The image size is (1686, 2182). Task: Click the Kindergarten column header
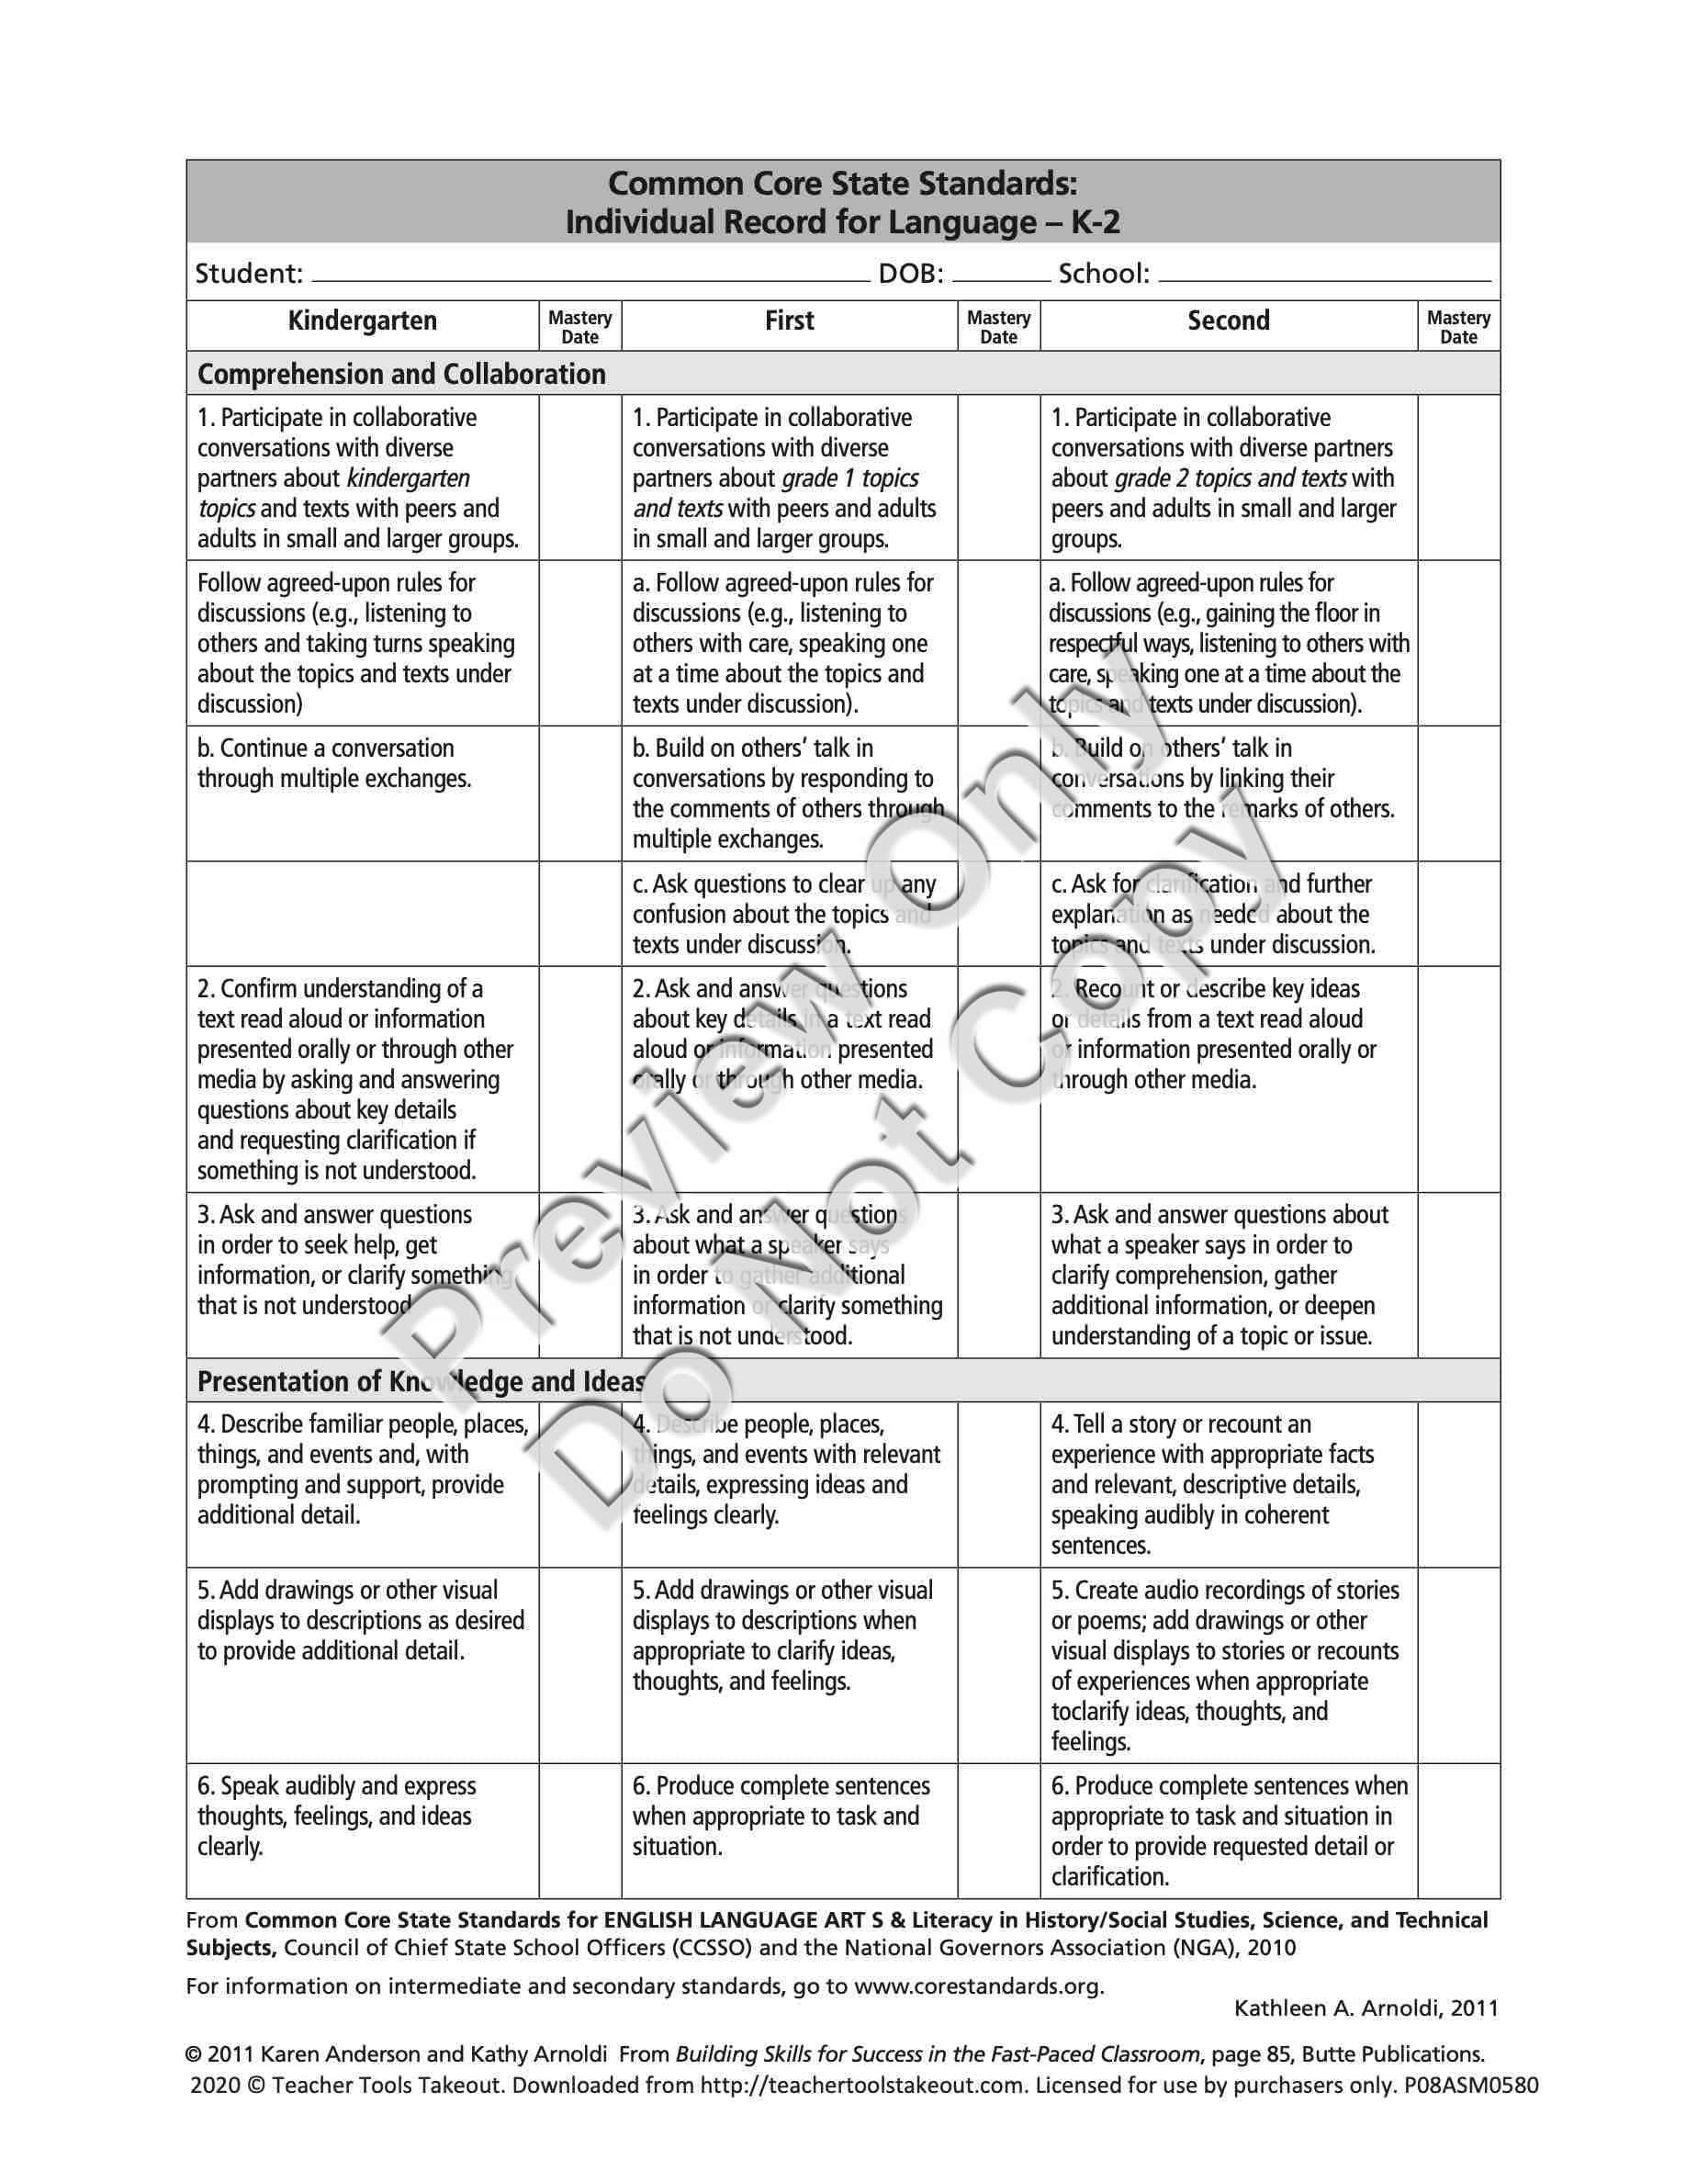[x=362, y=321]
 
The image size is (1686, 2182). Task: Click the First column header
[x=789, y=321]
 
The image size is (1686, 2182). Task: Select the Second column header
[x=1228, y=321]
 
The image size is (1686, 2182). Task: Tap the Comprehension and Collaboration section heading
[x=401, y=374]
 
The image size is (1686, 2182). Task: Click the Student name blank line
[x=590, y=276]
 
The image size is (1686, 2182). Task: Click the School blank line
[x=1323, y=276]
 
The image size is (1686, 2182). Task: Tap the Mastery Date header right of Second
[x=1458, y=327]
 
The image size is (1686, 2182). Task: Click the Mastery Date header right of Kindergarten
[x=579, y=327]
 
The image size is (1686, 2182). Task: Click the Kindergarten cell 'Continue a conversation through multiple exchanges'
[x=334, y=763]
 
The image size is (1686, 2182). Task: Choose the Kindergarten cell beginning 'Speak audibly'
[x=337, y=1816]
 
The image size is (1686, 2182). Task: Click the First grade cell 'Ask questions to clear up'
[x=784, y=914]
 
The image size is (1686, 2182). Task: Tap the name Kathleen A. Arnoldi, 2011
[x=1366, y=2008]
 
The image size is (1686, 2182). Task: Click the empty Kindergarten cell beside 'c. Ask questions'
[x=362, y=913]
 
